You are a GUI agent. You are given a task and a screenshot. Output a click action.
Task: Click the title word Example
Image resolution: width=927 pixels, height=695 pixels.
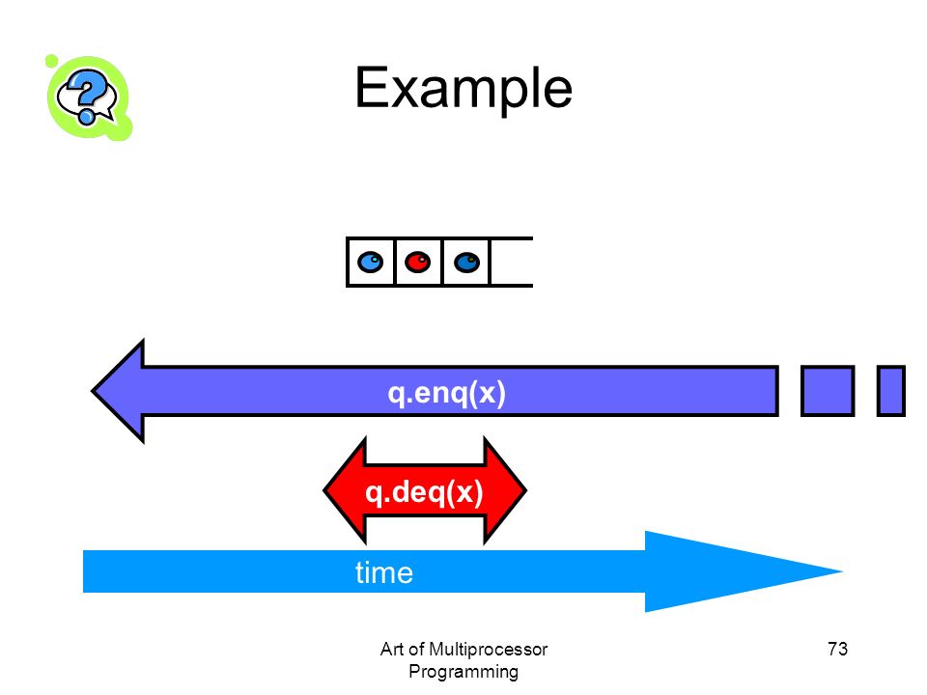pos(463,89)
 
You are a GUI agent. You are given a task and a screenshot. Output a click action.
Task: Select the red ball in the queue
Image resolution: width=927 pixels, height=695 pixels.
pos(418,262)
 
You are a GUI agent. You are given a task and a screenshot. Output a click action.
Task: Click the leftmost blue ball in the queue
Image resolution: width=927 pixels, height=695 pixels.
pos(371,262)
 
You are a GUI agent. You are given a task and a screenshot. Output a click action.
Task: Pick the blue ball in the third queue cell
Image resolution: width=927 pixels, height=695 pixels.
pos(466,262)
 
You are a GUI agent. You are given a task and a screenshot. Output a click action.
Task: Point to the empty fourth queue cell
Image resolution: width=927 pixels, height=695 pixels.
pos(511,262)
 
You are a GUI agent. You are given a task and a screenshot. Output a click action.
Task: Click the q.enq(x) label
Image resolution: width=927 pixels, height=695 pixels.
pos(446,394)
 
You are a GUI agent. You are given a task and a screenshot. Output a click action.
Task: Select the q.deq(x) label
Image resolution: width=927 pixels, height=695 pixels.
pos(424,492)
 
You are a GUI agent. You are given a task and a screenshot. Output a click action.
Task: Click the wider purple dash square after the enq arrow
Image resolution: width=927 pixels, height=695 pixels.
pos(828,391)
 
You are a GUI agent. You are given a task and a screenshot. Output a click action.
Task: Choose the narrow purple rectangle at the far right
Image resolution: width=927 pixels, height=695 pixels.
pos(890,391)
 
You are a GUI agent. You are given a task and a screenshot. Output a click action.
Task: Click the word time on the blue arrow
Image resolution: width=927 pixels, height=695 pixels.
pos(384,573)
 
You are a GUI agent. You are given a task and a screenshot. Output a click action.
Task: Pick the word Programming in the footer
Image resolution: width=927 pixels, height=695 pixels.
pos(463,672)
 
